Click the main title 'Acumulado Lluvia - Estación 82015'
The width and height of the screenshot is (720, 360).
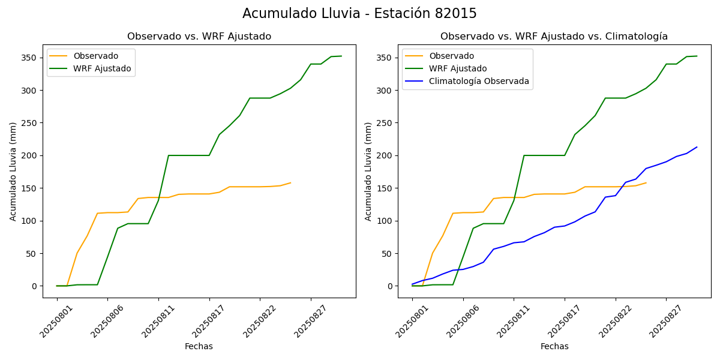359,14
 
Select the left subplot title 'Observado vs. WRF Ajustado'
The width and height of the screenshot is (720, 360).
199,37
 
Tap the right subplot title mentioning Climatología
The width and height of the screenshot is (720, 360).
554,37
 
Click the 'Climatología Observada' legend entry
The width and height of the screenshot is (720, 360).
479,82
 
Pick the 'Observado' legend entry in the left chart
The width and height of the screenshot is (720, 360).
95,56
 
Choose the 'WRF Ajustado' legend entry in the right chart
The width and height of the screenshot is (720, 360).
458,69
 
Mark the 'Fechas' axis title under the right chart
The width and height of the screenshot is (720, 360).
554,346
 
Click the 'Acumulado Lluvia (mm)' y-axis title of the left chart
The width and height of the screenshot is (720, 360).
13,172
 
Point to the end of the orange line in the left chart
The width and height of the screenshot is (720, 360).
290,183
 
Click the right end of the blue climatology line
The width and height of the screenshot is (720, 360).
697,147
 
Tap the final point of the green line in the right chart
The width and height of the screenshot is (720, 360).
697,56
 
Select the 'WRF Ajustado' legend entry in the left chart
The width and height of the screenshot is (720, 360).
102,69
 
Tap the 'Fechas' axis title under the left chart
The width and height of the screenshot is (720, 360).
199,346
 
